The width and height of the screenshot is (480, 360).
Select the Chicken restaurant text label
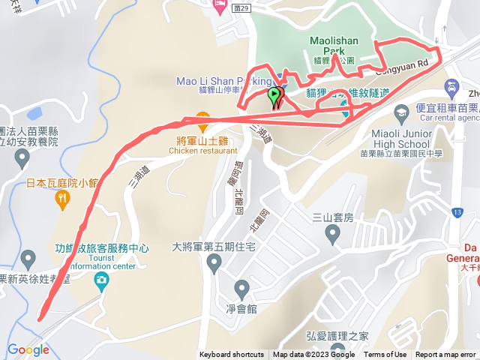pos(203,150)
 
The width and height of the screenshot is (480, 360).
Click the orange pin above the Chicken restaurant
pos(201,117)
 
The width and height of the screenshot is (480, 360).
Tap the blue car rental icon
pos(452,87)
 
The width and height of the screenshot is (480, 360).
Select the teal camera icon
pos(100,280)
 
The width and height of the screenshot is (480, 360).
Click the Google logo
pos(28,349)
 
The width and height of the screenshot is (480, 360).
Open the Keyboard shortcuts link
pos(231,355)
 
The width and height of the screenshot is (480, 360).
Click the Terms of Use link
pos(385,355)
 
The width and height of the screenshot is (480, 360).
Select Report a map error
pos(445,355)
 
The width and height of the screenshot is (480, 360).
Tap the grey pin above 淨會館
pos(241,288)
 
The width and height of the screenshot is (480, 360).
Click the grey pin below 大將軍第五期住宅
pos(214,263)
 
